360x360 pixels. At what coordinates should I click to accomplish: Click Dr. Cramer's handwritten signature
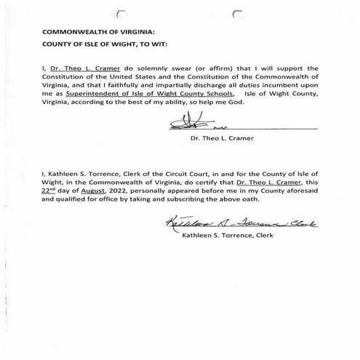pos(195,125)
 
